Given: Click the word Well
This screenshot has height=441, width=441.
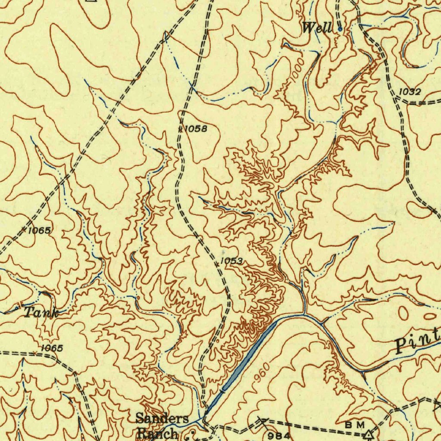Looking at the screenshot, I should click(x=317, y=29).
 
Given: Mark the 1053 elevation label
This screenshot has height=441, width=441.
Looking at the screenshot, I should click(x=231, y=261).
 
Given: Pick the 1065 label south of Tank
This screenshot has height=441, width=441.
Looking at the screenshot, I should click(x=52, y=348).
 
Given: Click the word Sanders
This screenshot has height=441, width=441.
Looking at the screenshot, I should click(x=162, y=418).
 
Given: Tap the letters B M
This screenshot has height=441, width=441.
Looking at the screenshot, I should click(x=355, y=425).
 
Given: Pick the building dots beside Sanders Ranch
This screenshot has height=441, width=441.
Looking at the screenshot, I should click(x=190, y=434).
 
